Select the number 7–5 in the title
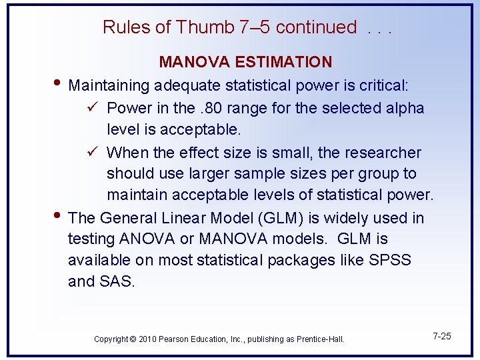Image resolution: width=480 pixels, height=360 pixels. pyautogui.click(x=253, y=27)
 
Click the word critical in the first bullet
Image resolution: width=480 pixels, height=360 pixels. pyautogui.click(x=385, y=85)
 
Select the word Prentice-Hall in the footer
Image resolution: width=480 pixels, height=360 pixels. pyautogui.click(x=319, y=339)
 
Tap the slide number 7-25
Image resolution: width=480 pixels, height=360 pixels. pyautogui.click(x=441, y=336)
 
